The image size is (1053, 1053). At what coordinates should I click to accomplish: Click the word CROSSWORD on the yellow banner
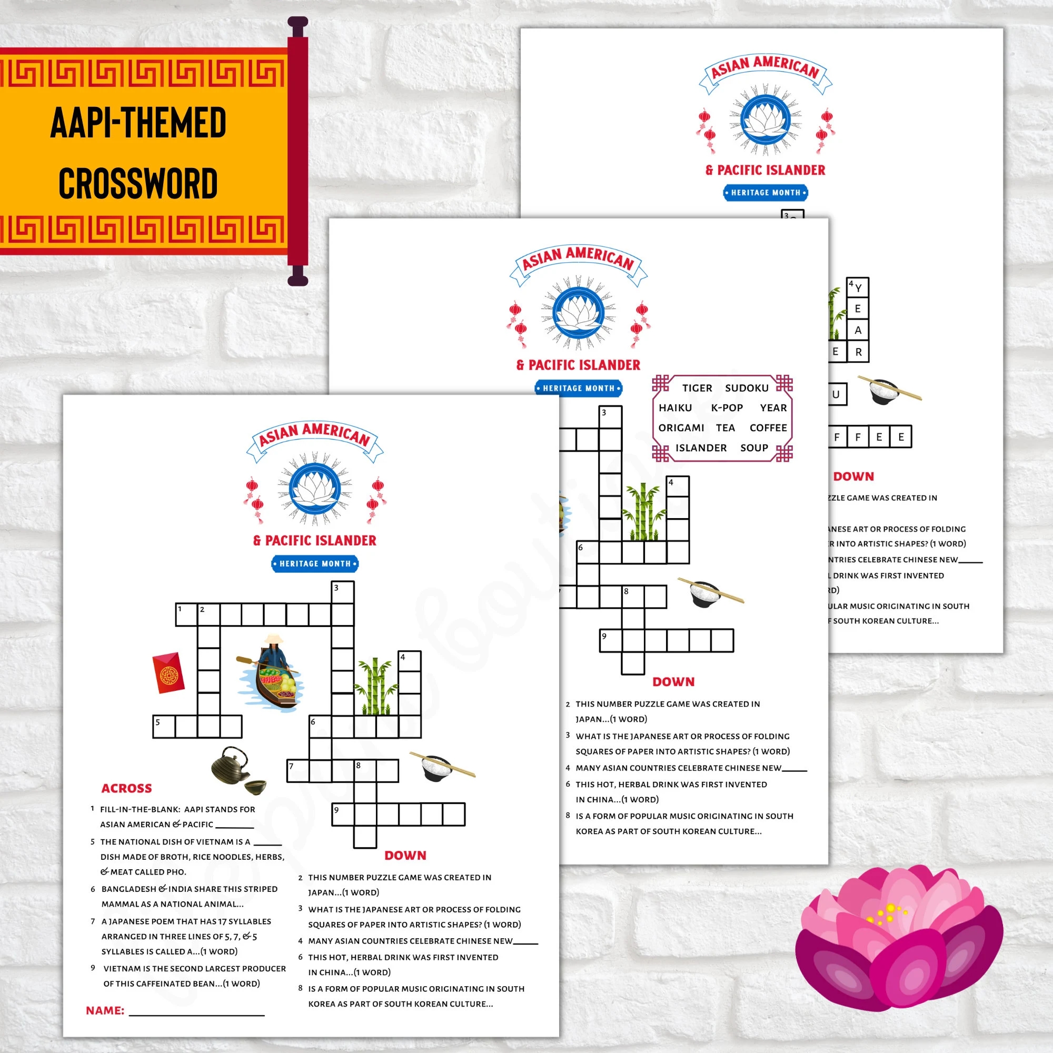coord(138,184)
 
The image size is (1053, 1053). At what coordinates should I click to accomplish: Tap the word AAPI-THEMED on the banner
coord(138,122)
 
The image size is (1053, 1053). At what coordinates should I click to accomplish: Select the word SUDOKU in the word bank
coord(746,388)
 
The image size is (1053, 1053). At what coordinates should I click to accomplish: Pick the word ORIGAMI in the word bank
coord(681,428)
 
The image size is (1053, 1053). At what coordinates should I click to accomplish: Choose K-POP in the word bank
coord(727,408)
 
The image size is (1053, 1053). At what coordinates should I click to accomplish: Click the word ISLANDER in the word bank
coord(700,448)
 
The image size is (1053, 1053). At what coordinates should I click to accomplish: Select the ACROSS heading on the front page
coord(126,788)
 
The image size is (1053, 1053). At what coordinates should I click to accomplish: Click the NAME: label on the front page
coord(105,1010)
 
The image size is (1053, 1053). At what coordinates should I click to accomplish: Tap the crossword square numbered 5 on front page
coord(164,727)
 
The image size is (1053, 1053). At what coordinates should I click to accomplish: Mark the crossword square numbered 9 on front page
coord(343,814)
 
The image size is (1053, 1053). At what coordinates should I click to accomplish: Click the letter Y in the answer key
coord(858,288)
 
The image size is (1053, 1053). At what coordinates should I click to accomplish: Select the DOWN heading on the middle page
coord(674,682)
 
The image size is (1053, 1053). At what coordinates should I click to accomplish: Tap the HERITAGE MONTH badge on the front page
coord(314,563)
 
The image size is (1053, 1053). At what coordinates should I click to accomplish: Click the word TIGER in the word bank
coord(697,388)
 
